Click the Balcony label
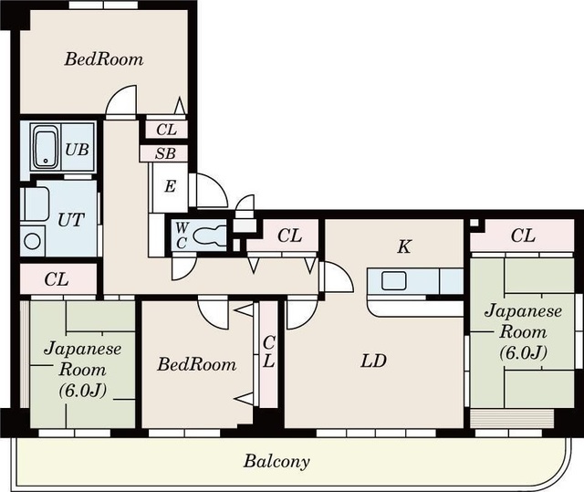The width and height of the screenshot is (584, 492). coord(276,462)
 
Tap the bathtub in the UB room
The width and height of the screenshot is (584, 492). coord(47,147)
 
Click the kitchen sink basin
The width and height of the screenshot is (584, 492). coord(393,280)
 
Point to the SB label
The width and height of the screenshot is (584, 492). coord(165,153)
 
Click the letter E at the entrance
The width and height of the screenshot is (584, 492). coord(170,186)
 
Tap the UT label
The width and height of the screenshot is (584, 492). coord(71,220)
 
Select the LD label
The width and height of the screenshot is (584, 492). coord(373,361)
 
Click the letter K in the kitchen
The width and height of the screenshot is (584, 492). coord(404,246)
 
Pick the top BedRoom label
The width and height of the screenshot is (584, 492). coord(104,59)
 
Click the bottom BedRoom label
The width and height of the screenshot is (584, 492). coord(197,364)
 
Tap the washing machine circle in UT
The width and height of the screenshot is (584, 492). coord(33,241)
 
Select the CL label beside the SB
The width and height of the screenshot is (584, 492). coord(166,130)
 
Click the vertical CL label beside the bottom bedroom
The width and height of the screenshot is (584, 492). coord(268,351)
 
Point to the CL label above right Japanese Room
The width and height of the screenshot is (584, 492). coord(523,236)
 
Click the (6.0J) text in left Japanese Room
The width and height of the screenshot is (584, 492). coord(83,390)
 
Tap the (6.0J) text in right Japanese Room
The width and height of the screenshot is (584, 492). coord(523,352)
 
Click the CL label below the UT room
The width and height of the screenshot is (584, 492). coord(57,279)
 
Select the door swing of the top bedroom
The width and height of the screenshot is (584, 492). coord(120,100)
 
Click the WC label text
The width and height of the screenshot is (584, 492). coord(182,236)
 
